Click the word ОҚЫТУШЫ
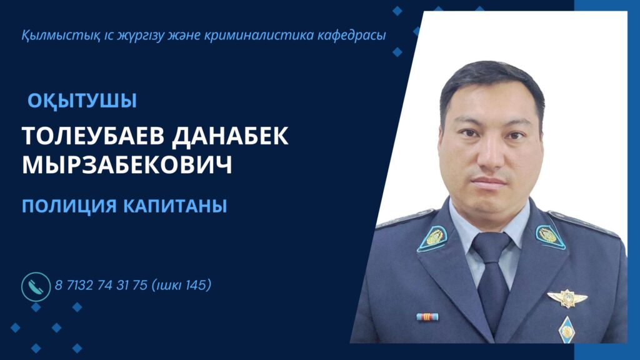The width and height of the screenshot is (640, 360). pyautogui.click(x=82, y=101)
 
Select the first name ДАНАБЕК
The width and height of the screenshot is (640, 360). pyautogui.click(x=230, y=136)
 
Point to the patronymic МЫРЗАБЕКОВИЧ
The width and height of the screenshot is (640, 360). pyautogui.click(x=127, y=165)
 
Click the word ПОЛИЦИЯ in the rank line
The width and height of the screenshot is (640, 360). pyautogui.click(x=69, y=206)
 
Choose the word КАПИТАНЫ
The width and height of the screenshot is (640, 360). pyautogui.click(x=175, y=206)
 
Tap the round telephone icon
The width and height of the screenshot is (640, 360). pyautogui.click(x=36, y=286)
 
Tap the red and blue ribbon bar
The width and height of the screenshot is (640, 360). pyautogui.click(x=427, y=317)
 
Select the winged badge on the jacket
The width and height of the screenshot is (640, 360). pyautogui.click(x=567, y=298)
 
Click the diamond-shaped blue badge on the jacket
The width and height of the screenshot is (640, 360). pyautogui.click(x=566, y=330)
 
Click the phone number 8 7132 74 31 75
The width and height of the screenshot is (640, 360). pyautogui.click(x=101, y=285)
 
